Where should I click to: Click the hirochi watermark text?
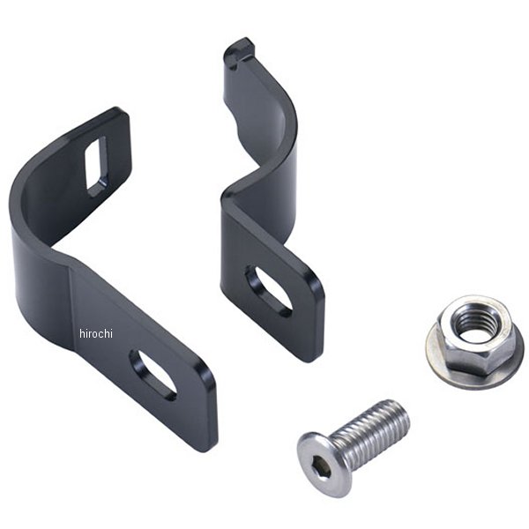pyautogui.click(x=96, y=333)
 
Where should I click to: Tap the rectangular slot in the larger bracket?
pyautogui.click(x=96, y=167)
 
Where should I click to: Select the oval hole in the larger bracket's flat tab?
pyautogui.click(x=153, y=376)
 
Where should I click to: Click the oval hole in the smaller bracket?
pyautogui.click(x=269, y=291)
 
